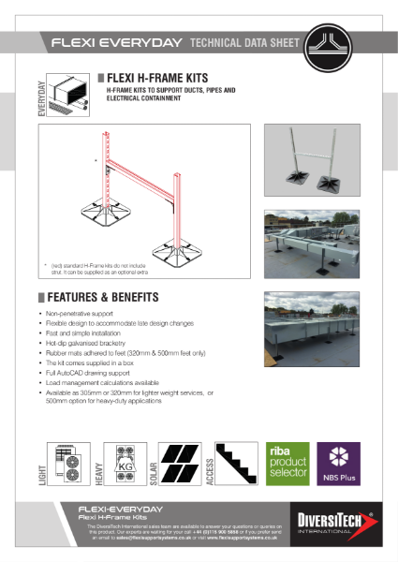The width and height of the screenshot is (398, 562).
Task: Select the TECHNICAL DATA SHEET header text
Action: [x=244, y=43]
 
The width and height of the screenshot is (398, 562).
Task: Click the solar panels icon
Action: [x=179, y=463]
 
